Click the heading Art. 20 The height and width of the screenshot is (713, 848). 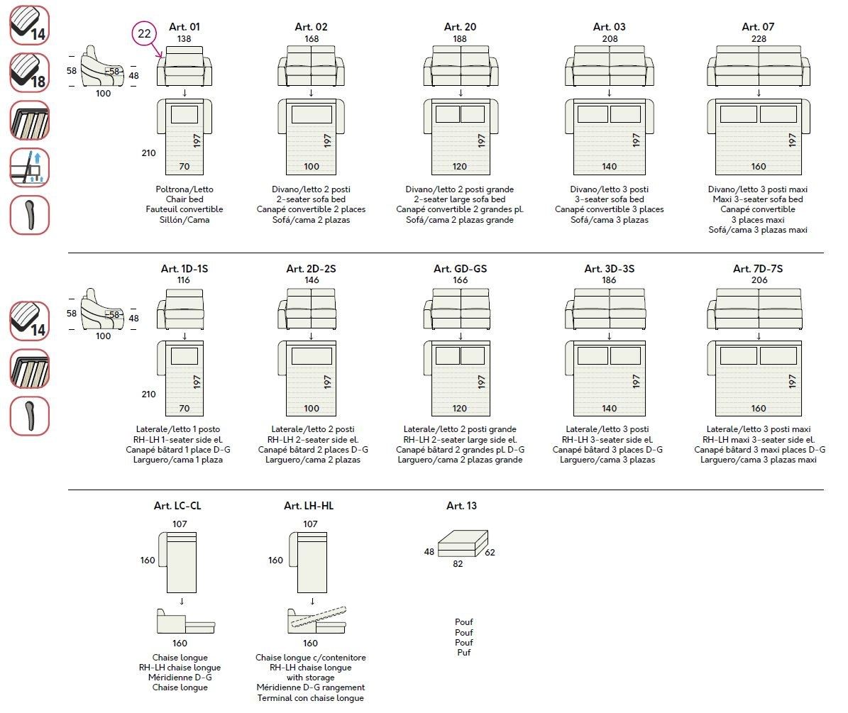click(x=460, y=27)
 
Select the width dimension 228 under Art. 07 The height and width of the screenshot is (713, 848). click(x=758, y=39)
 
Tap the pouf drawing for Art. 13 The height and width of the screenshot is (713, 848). click(x=463, y=544)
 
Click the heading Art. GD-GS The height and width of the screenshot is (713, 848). click(x=460, y=269)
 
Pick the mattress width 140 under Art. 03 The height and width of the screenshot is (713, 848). click(x=609, y=167)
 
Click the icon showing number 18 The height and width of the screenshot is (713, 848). click(x=29, y=72)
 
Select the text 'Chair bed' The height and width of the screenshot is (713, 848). click(x=185, y=199)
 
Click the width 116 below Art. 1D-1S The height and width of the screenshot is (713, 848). click(x=184, y=280)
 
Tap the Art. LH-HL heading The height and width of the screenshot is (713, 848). click(x=309, y=506)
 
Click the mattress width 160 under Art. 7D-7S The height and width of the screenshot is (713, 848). click(x=758, y=409)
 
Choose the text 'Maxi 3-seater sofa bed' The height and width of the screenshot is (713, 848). click(x=758, y=199)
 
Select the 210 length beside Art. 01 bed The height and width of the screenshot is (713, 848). click(x=148, y=153)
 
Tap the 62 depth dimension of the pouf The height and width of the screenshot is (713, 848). click(x=490, y=552)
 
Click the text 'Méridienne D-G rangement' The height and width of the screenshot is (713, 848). click(x=311, y=687)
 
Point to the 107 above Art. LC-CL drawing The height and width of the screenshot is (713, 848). click(x=180, y=524)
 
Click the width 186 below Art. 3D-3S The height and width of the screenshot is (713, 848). click(x=609, y=280)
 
